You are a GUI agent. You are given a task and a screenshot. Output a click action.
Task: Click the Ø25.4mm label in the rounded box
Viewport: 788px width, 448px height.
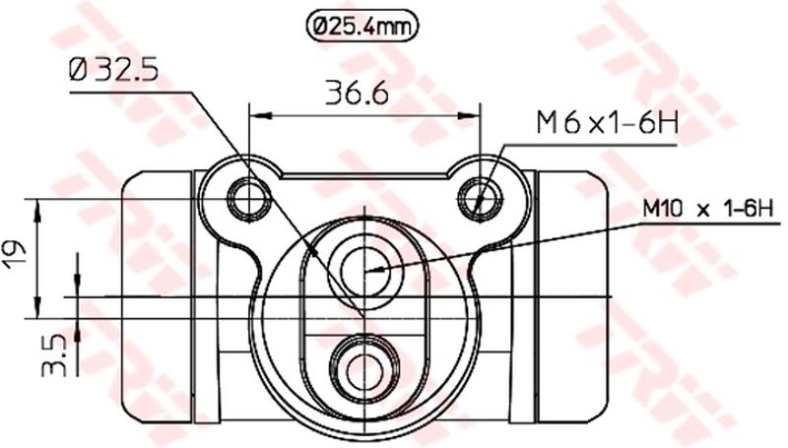coord(361,27)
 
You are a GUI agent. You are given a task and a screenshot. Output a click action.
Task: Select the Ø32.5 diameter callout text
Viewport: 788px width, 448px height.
coord(113,69)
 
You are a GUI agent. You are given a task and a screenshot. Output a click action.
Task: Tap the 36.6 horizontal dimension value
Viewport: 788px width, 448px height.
coord(357,93)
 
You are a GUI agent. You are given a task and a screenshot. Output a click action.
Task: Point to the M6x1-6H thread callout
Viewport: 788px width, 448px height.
coord(607,123)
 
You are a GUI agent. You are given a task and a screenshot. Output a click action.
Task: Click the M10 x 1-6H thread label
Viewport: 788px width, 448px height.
coord(707,208)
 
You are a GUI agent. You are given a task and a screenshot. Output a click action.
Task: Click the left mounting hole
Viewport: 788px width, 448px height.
coord(250,200)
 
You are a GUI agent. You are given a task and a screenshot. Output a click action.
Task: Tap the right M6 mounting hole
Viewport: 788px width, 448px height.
coord(481,200)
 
